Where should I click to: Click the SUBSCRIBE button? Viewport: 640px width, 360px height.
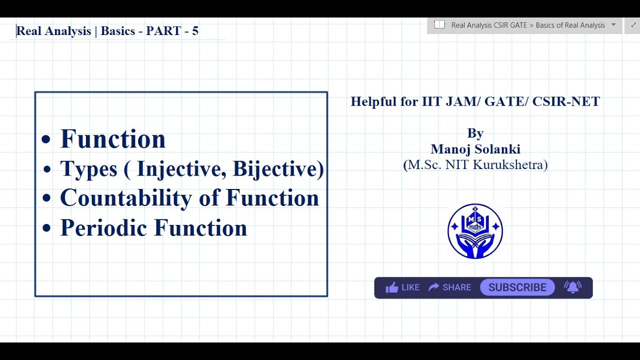coord(517,287)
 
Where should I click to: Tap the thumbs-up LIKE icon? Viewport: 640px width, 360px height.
coord(391,287)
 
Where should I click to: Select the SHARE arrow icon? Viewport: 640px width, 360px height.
coord(433,287)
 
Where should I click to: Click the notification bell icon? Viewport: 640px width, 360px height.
coord(572,287)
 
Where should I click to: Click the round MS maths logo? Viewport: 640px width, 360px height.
coord(475,231)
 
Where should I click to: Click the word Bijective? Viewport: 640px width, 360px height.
coord(275,169)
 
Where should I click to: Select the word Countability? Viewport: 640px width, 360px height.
coord(126,197)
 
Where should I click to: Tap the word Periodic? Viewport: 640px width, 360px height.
coord(103,227)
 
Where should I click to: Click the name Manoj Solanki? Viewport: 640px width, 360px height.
coord(475,149)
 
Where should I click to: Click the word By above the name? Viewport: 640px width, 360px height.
coord(475,133)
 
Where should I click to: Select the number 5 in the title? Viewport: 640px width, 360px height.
coord(195,31)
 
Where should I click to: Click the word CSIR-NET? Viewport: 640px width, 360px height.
coord(566,101)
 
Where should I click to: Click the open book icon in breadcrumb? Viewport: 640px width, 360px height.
coord(439,24)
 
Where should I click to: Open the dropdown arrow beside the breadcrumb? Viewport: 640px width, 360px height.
coord(613,24)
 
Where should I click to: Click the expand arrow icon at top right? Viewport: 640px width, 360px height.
coord(633,25)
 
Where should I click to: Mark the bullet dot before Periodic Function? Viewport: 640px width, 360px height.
coord(46,228)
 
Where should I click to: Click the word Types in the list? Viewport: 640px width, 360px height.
coord(89,169)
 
